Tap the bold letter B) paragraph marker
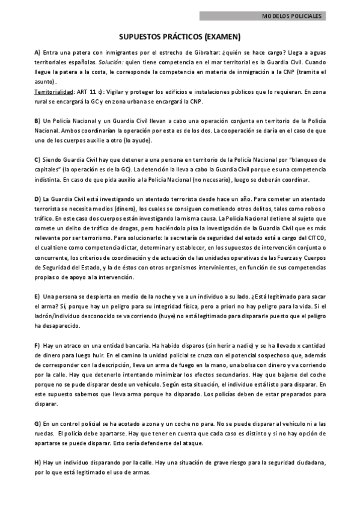[x=37, y=120]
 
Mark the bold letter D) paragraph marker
[x=37, y=198]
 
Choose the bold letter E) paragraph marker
[x=37, y=296]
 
